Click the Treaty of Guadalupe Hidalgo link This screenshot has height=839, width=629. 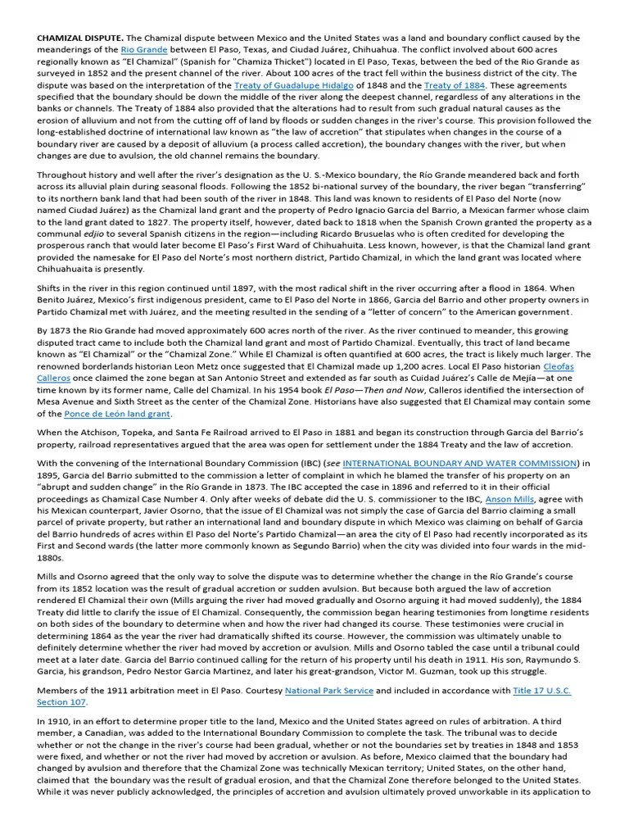[x=282, y=84]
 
